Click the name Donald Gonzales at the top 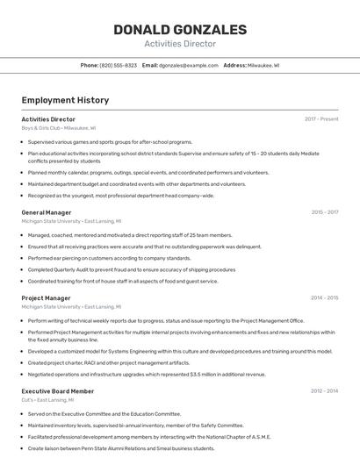pos(180,30)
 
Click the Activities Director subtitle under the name pos(180,44)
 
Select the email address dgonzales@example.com pos(189,65)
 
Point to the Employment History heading pos(65,100)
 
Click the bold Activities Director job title pos(48,119)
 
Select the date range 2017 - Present pos(321,119)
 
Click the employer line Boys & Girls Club pos(58,128)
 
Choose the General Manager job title pos(47,212)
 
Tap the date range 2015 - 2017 pos(324,212)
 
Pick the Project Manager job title pos(46,298)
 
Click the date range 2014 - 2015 pos(324,298)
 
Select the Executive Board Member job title pos(57,391)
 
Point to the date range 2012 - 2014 pos(324,391)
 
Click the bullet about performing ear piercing pos(109,259)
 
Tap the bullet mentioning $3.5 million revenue pos(147,375)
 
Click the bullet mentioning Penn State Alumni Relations pos(122,448)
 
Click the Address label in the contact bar pos(234,65)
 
